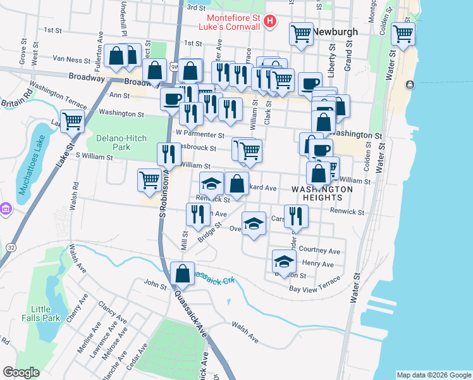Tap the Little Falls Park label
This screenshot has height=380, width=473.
(41, 313)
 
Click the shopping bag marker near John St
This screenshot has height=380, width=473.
(182, 274)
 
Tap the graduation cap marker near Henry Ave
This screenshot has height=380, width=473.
(285, 260)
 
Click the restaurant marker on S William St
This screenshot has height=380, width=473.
(168, 154)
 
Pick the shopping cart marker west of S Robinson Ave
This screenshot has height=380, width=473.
(149, 179)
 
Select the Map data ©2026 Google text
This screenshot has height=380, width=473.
(433, 375)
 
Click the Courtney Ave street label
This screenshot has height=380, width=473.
(320, 250)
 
